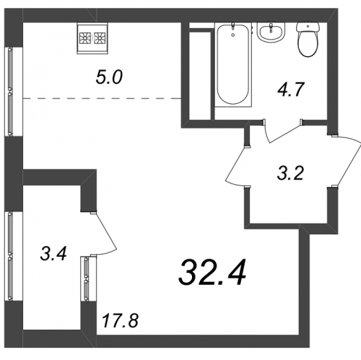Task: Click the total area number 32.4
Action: tap(212, 273)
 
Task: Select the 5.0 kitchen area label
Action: tap(109, 77)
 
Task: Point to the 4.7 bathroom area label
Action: tap(291, 89)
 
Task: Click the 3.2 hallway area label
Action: tap(290, 173)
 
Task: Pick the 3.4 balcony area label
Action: tap(53, 254)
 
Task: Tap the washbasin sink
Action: tap(271, 32)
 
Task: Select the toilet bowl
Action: tap(308, 44)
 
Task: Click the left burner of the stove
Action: tap(85, 38)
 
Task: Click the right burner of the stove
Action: tap(100, 38)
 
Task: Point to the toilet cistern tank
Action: tap(308, 27)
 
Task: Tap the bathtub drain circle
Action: tap(233, 35)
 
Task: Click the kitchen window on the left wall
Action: tap(10, 92)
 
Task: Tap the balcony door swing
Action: tap(106, 234)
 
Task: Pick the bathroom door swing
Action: tap(284, 132)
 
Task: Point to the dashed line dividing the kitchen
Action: tap(102, 99)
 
